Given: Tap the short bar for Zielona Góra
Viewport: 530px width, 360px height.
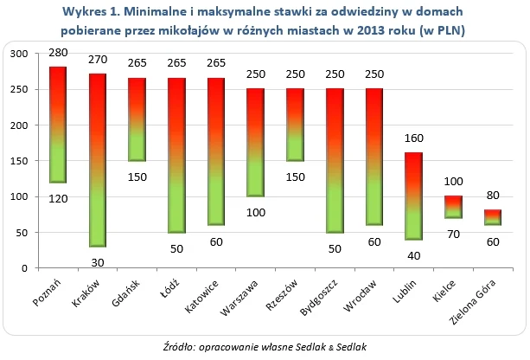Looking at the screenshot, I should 491,217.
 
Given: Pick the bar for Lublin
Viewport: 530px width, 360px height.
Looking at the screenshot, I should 413,196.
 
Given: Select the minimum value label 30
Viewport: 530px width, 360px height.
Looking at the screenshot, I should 98,263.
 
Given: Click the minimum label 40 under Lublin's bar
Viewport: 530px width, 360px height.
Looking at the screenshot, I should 413,256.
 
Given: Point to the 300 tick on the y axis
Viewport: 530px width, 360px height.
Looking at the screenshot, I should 19,54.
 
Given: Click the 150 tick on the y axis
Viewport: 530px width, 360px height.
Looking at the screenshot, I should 19,161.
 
